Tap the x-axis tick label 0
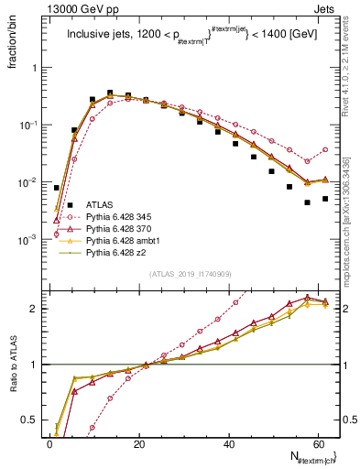49,443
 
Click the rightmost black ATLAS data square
325,199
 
